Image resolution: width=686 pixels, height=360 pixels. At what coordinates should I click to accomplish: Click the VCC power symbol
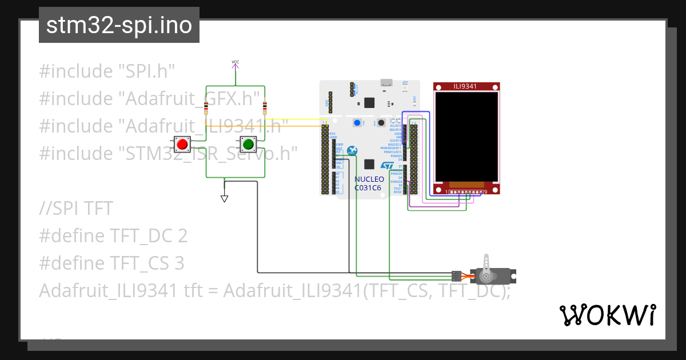235,63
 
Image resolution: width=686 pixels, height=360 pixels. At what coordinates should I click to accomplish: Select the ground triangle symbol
225,198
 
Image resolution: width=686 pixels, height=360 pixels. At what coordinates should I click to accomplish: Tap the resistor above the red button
206,107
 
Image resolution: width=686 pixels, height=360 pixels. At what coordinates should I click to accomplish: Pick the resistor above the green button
264,107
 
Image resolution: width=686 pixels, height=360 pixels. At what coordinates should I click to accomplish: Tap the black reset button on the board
380,123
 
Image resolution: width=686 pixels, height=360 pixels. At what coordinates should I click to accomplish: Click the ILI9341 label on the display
465,86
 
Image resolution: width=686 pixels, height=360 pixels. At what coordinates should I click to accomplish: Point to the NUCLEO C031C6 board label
369,183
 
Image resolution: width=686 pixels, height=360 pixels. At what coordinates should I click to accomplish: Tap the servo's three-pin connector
456,276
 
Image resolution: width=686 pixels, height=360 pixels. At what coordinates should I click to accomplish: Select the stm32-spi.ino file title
119,26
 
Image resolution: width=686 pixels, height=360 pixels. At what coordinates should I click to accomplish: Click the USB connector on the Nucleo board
387,83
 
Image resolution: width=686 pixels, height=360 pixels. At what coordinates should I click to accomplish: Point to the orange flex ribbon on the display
466,185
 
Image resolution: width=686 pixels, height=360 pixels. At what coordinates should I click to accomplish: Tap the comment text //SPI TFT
76,209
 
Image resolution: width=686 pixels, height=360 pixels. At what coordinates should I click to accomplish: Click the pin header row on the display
466,192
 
